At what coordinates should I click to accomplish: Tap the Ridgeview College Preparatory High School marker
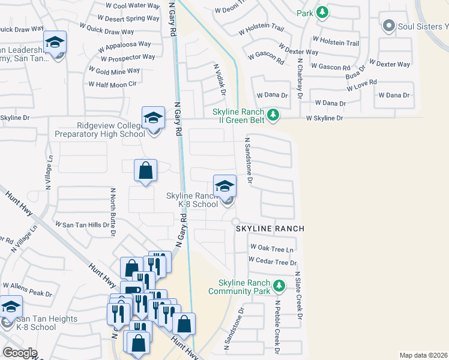click(153, 118)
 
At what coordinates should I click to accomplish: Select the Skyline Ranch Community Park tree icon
click(279, 284)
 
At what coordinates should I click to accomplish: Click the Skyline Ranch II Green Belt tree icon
click(273, 114)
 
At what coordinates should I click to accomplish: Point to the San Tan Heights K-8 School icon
click(10, 307)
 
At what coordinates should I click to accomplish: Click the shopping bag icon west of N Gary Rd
click(145, 171)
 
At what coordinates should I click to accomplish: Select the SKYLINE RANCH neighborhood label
click(270, 229)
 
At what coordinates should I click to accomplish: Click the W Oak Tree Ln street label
click(272, 248)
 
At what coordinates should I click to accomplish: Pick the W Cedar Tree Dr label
click(273, 262)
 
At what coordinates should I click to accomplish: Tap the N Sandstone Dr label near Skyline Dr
click(247, 160)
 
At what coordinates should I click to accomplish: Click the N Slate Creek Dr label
click(297, 295)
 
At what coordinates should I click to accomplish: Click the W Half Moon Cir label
click(113, 84)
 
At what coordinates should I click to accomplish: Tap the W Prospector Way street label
click(128, 58)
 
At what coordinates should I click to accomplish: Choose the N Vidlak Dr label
click(218, 79)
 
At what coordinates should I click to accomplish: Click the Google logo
click(20, 353)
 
